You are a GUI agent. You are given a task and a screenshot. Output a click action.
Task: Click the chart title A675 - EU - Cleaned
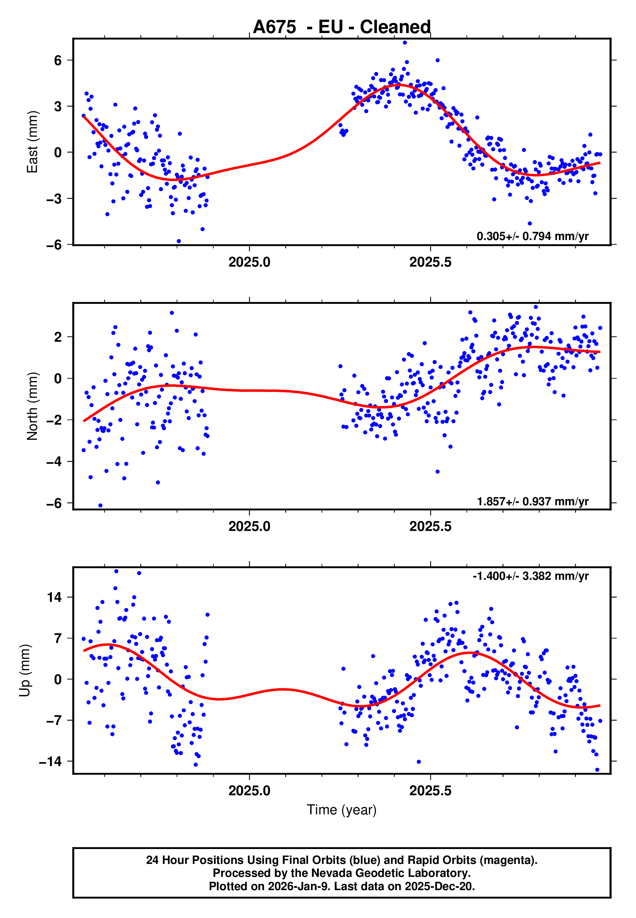[342, 27]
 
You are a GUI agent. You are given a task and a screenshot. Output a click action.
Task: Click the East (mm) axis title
[32, 142]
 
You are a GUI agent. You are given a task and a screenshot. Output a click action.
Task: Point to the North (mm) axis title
[32, 406]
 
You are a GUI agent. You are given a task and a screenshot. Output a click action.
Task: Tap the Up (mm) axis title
[25, 671]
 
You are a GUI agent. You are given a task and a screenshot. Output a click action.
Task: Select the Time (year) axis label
[342, 810]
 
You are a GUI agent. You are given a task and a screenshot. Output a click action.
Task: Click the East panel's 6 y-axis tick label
[58, 61]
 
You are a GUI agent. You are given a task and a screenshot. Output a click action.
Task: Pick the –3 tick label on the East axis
[54, 199]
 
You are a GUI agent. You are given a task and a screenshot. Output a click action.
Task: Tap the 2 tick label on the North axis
[58, 337]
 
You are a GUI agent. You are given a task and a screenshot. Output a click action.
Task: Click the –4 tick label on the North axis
[54, 462]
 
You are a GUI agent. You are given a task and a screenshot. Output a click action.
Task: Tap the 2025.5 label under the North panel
[430, 527]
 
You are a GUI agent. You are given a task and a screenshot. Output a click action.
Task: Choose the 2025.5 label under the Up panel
[430, 791]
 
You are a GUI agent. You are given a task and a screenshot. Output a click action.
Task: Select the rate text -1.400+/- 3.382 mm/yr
[530, 576]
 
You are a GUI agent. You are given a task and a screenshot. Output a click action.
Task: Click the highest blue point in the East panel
[405, 42]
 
